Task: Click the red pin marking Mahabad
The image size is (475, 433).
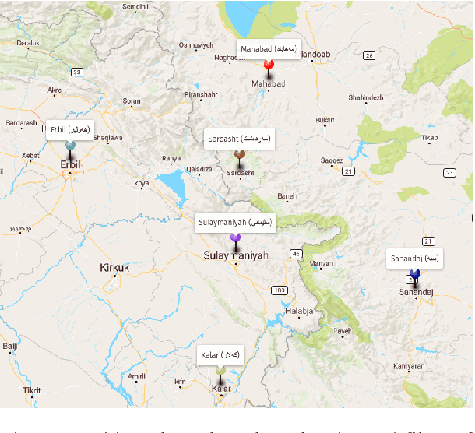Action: pyautogui.click(x=268, y=65)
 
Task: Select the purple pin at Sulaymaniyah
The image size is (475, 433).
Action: pyautogui.click(x=235, y=237)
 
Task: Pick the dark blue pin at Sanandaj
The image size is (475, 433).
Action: pyautogui.click(x=416, y=275)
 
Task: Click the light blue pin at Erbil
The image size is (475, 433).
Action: pyautogui.click(x=71, y=146)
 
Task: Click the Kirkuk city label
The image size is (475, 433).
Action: pyautogui.click(x=114, y=267)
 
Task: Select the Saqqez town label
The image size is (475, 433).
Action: pyautogui.click(x=332, y=160)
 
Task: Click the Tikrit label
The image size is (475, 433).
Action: pyautogui.click(x=31, y=389)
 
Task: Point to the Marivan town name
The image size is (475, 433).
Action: pyautogui.click(x=322, y=263)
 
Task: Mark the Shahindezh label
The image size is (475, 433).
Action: pyautogui.click(x=366, y=97)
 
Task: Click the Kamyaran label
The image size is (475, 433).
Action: pyautogui.click(x=409, y=366)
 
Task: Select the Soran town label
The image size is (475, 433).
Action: pyautogui.click(x=132, y=100)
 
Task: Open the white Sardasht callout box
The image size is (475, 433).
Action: pyautogui.click(x=238, y=138)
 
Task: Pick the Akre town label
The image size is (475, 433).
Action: pyautogui.click(x=55, y=90)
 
